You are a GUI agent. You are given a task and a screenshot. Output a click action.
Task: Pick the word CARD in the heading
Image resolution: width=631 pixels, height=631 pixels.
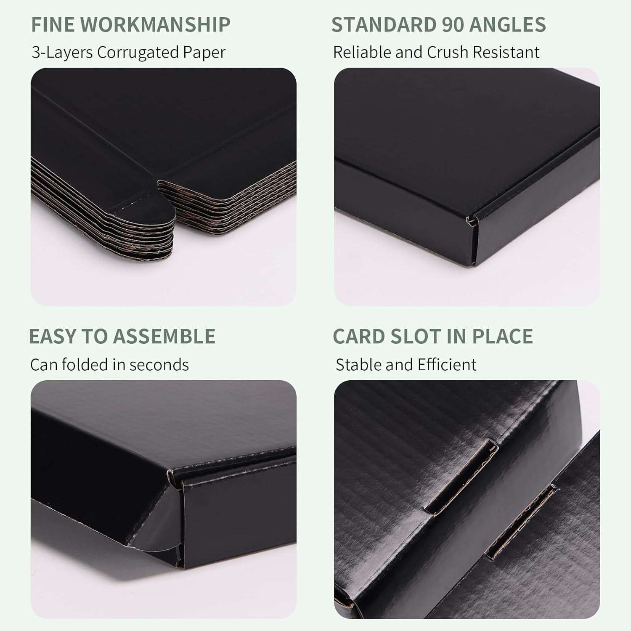tap(355, 337)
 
